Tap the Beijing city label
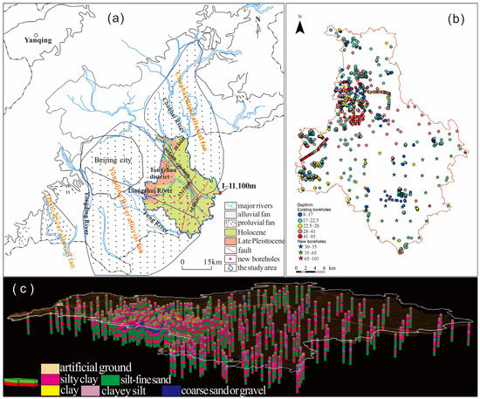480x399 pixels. click(111, 162)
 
